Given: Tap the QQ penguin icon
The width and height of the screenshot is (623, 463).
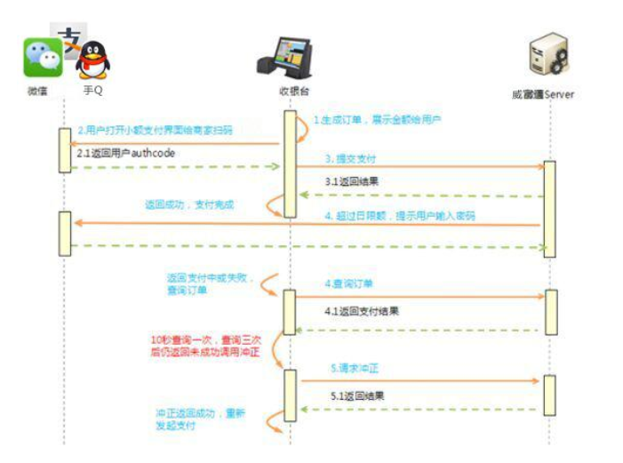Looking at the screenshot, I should point(92,60).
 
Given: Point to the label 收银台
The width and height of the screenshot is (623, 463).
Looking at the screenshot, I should point(289,92).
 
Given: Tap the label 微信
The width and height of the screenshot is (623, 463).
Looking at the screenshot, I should point(38,92).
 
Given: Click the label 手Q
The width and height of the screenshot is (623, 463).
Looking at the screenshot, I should point(92,92).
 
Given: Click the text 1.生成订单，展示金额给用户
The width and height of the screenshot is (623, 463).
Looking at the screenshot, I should point(377,120).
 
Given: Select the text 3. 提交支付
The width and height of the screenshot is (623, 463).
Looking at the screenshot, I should point(349,159).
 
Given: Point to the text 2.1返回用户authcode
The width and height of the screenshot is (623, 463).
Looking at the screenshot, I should point(126,154).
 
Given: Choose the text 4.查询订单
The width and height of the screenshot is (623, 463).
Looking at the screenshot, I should point(348,283).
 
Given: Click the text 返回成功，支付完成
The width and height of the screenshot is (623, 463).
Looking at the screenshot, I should point(188,204).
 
